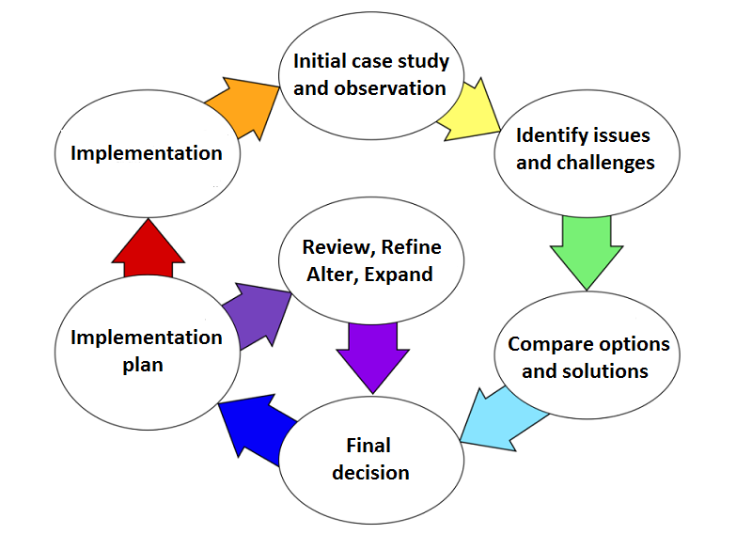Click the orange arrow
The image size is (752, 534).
239,106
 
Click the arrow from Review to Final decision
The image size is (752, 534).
372,353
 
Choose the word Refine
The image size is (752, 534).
406,248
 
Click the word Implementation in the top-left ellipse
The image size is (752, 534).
147,153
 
